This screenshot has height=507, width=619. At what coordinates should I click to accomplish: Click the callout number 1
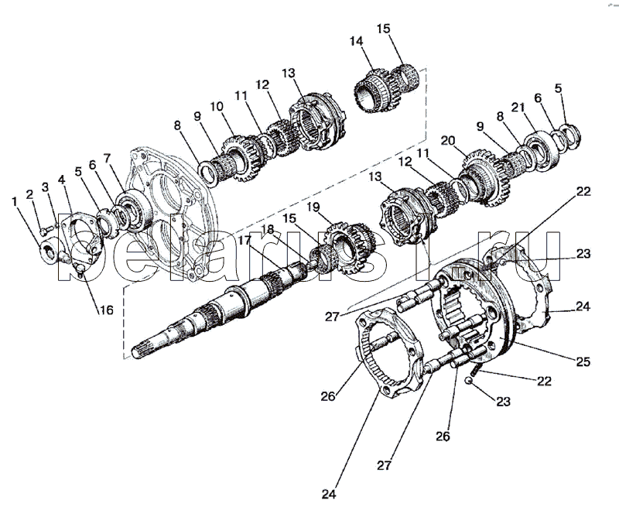pos(15,203)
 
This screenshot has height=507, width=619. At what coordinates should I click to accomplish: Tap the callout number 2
pos(29,194)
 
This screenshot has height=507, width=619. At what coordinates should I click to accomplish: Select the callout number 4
pos(61,180)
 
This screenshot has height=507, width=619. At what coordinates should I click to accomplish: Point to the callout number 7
pos(107,159)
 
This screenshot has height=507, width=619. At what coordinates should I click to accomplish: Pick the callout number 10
pos(217,107)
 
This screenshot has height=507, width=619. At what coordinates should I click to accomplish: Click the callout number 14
pos(356,41)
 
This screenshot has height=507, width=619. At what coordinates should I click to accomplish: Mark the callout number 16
pos(106,310)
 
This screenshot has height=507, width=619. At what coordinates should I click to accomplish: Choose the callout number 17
pos(245,240)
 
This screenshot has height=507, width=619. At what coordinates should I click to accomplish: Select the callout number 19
pos(313,207)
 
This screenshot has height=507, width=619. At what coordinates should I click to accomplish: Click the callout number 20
pos(448,141)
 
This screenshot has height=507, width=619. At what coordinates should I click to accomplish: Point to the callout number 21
pos(518,107)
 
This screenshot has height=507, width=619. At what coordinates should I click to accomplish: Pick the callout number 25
pos(583,361)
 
